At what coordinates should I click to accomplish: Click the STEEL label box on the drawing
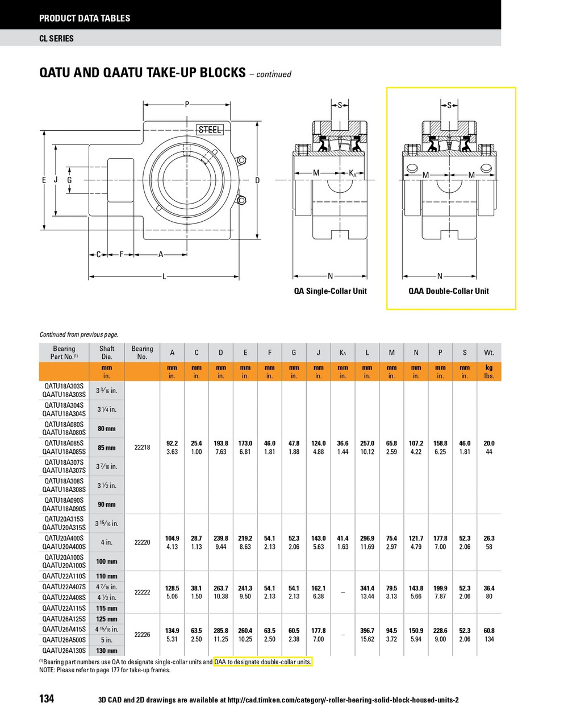pyautogui.click(x=210, y=130)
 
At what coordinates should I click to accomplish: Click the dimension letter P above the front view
pyautogui.click(x=187, y=105)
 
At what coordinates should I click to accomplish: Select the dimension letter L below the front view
pyautogui.click(x=165, y=276)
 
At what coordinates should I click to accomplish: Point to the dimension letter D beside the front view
pyautogui.click(x=257, y=180)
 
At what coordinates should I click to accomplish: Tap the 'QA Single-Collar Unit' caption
pyautogui.click(x=330, y=291)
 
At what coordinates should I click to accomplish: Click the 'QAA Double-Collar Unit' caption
pyautogui.click(x=448, y=291)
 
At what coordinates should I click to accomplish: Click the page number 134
pyautogui.click(x=47, y=698)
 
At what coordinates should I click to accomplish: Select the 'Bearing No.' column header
pyautogui.click(x=142, y=353)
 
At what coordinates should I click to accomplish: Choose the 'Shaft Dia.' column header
pyautogui.click(x=107, y=353)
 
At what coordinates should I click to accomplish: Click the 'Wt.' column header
pyautogui.click(x=489, y=353)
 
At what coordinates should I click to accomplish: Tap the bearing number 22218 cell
pyautogui.click(x=142, y=448)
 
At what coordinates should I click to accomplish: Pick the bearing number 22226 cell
pyautogui.click(x=142, y=635)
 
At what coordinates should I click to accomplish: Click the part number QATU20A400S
pyautogui.click(x=64, y=538)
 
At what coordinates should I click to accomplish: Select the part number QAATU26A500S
pyautogui.click(x=64, y=640)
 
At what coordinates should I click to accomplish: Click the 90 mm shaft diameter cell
pyautogui.click(x=107, y=504)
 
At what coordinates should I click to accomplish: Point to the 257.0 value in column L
pyautogui.click(x=367, y=443)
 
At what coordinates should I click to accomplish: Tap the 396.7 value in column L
pyautogui.click(x=367, y=630)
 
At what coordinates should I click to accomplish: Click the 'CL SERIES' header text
pyautogui.click(x=56, y=39)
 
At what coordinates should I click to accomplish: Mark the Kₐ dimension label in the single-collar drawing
pyautogui.click(x=353, y=173)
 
